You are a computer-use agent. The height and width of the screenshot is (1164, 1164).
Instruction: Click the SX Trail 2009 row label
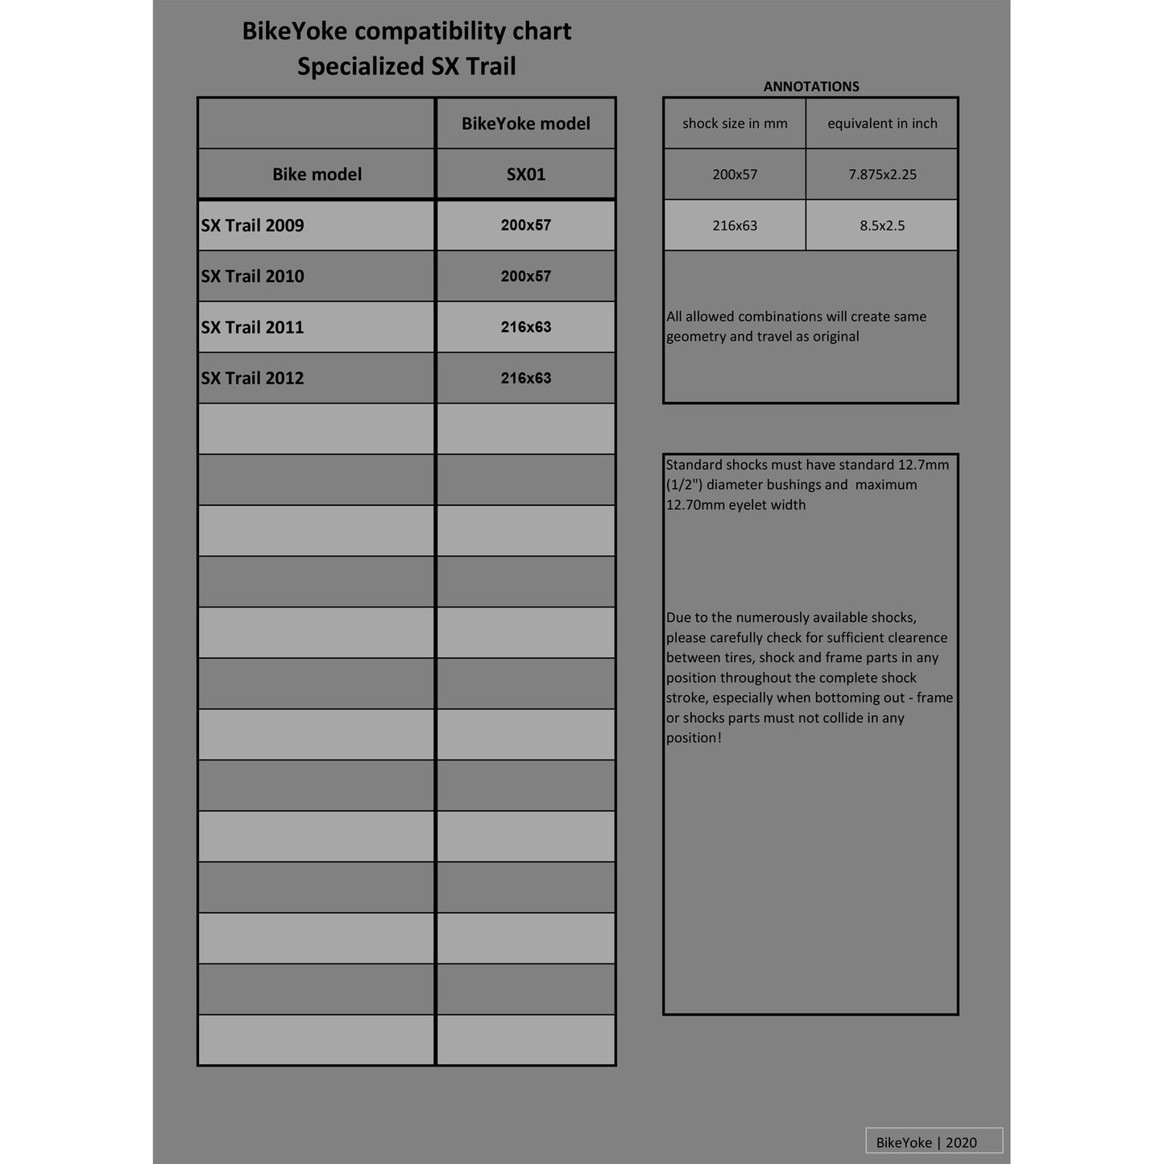pyautogui.click(x=252, y=226)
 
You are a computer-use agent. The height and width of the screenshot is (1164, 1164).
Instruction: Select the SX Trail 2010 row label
pyautogui.click(x=252, y=276)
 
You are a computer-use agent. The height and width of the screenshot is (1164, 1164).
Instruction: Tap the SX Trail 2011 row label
pyautogui.click(x=252, y=327)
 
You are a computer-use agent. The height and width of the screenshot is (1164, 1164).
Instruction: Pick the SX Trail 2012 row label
pyautogui.click(x=252, y=378)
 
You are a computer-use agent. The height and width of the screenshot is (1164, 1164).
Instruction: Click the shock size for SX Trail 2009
pyautogui.click(x=526, y=226)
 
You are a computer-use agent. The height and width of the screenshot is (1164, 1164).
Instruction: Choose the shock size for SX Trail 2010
pyautogui.click(x=526, y=276)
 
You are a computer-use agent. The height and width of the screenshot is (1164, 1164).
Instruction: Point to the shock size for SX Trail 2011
pyautogui.click(x=526, y=327)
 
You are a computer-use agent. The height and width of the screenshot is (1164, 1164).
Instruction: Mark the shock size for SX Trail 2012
pyautogui.click(x=526, y=378)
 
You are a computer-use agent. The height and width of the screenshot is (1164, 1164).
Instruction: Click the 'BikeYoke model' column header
pyautogui.click(x=526, y=123)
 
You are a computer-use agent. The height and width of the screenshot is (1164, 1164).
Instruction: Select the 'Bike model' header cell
pyautogui.click(x=317, y=174)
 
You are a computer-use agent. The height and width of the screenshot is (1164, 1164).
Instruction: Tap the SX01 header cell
pyautogui.click(x=526, y=174)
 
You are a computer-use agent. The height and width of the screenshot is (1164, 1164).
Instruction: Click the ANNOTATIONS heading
pyautogui.click(x=811, y=86)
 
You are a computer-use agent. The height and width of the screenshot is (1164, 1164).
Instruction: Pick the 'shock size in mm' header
pyautogui.click(x=735, y=123)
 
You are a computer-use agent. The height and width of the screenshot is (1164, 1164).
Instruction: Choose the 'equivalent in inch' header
pyautogui.click(x=882, y=123)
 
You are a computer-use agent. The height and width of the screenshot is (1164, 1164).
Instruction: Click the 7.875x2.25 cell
pyautogui.click(x=882, y=174)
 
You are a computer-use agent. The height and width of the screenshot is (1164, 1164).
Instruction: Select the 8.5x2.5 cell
pyautogui.click(x=882, y=226)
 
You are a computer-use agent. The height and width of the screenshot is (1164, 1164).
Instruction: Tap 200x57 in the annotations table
pyautogui.click(x=735, y=174)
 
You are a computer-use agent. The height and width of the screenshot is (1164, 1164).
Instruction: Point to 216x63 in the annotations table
pyautogui.click(x=735, y=226)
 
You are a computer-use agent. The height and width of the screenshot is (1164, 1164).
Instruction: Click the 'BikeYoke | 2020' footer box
pyautogui.click(x=934, y=1141)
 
